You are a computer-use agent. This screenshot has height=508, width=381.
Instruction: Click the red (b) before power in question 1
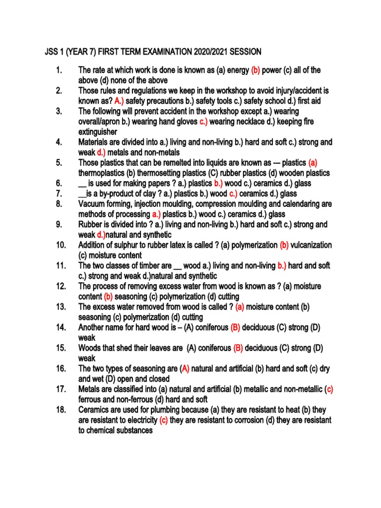coord(256,70)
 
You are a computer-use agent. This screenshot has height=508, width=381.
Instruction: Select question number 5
coord(59,163)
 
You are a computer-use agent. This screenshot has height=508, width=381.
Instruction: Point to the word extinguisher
coord(98,132)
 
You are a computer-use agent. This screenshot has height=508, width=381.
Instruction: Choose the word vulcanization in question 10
coord(311,245)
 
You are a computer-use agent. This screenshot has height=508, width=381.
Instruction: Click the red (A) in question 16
coord(185,369)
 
